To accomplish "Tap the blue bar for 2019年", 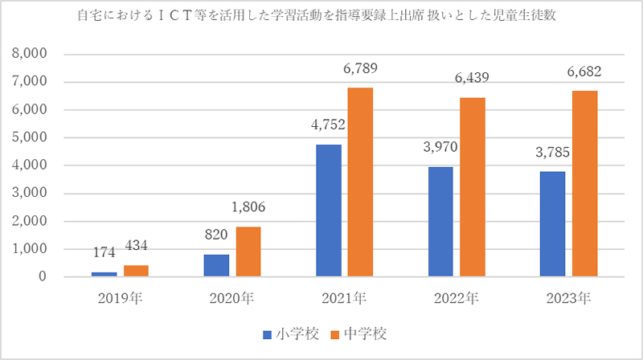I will point(104,274).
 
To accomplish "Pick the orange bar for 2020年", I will point(248,252).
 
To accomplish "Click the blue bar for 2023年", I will point(553,224).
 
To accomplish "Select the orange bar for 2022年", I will point(473,187).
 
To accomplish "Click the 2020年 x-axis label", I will point(231,299).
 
